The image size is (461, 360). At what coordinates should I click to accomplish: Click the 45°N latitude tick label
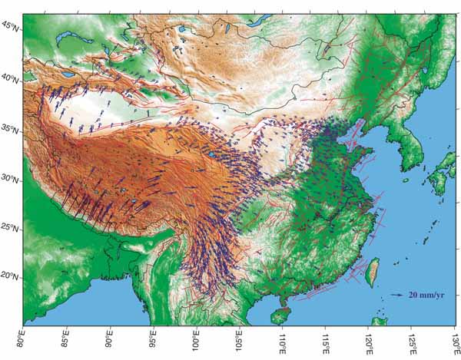tap(11, 26)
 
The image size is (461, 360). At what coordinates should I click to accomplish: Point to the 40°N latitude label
tap(11, 78)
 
